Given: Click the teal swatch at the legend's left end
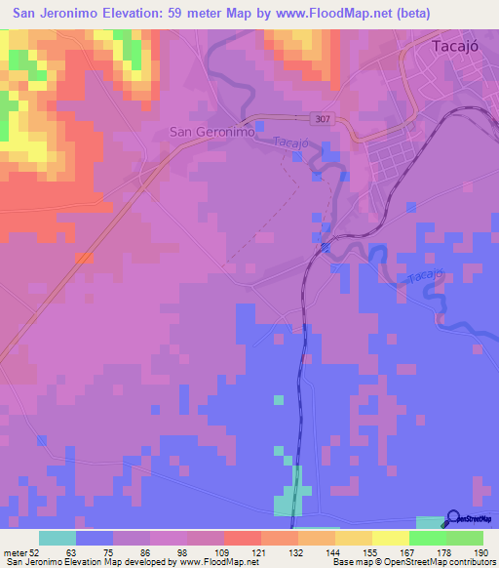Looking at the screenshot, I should coord(58,537).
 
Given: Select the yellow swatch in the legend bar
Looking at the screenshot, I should coord(390,537).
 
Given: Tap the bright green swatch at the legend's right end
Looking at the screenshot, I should coord(464,537).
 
